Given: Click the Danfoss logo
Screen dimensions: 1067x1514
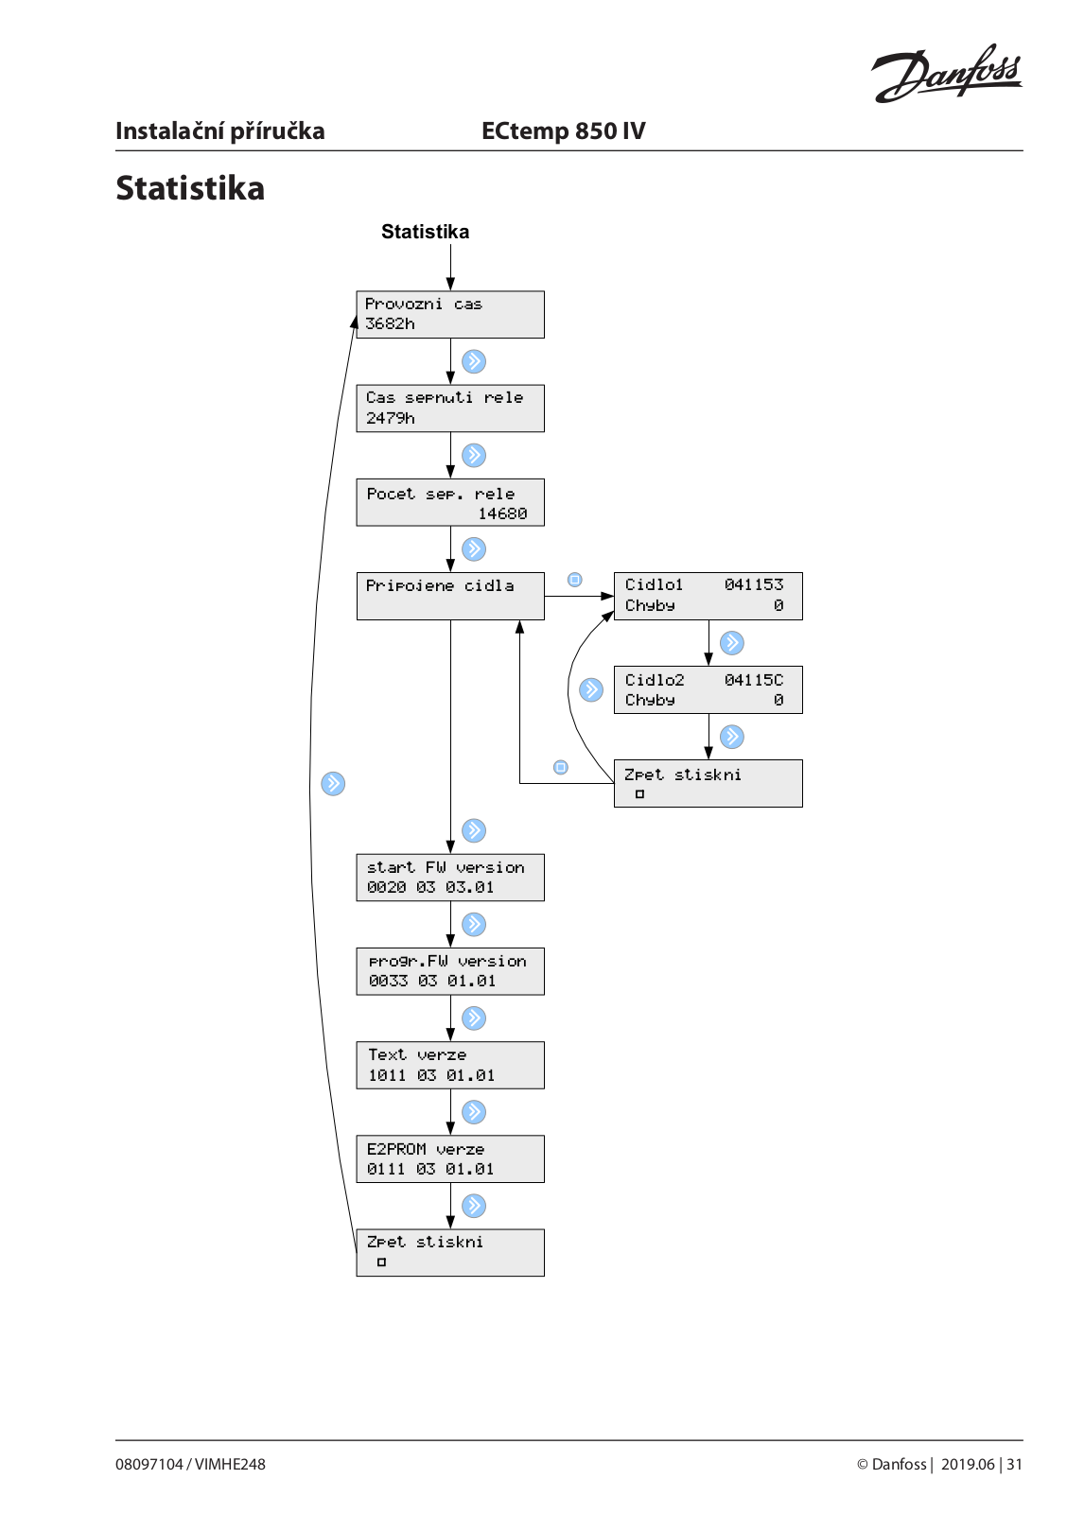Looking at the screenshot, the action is (946, 73).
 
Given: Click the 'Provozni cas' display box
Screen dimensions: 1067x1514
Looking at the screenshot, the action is (450, 314).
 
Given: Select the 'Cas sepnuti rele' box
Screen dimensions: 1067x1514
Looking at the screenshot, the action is (450, 409).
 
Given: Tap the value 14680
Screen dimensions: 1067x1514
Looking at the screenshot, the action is (502, 513).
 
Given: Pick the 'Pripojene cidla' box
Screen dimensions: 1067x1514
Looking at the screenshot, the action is (450, 596).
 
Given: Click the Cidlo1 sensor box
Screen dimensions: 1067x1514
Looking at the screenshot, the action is (708, 596).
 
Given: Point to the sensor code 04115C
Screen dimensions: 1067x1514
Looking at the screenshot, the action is (754, 680).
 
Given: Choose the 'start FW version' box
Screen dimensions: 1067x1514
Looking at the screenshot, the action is (450, 878).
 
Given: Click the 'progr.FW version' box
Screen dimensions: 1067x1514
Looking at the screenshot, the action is (450, 971).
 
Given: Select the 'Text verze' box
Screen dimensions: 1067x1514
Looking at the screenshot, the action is (450, 1065).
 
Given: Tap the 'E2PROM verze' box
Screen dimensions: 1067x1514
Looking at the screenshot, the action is (450, 1159).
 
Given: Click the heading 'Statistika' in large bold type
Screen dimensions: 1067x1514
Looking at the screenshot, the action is (190, 188).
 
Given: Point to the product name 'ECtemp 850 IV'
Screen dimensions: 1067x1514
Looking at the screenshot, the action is (563, 131).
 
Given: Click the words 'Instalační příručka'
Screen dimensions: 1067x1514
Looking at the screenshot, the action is (219, 131).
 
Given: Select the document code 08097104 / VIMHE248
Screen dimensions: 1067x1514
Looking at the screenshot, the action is (190, 1464).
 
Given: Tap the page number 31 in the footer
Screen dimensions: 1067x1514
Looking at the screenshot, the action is (1014, 1464).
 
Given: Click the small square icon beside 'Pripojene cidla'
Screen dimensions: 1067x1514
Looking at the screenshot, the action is (575, 580).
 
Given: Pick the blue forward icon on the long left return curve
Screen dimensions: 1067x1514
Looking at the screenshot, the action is (333, 783).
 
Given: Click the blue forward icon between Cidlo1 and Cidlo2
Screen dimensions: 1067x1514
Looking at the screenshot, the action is (731, 643).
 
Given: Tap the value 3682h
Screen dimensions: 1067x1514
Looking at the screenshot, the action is (390, 323).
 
